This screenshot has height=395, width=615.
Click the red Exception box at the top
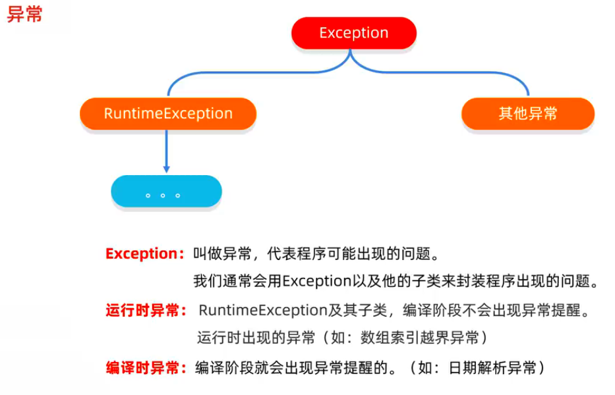[353, 33]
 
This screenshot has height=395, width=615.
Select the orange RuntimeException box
[168, 113]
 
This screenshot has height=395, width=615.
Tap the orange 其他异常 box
[527, 113]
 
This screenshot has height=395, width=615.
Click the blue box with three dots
[166, 192]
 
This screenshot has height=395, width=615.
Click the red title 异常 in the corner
[24, 14]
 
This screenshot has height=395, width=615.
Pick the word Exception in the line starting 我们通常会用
[316, 282]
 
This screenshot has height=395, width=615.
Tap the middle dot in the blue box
[163, 196]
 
